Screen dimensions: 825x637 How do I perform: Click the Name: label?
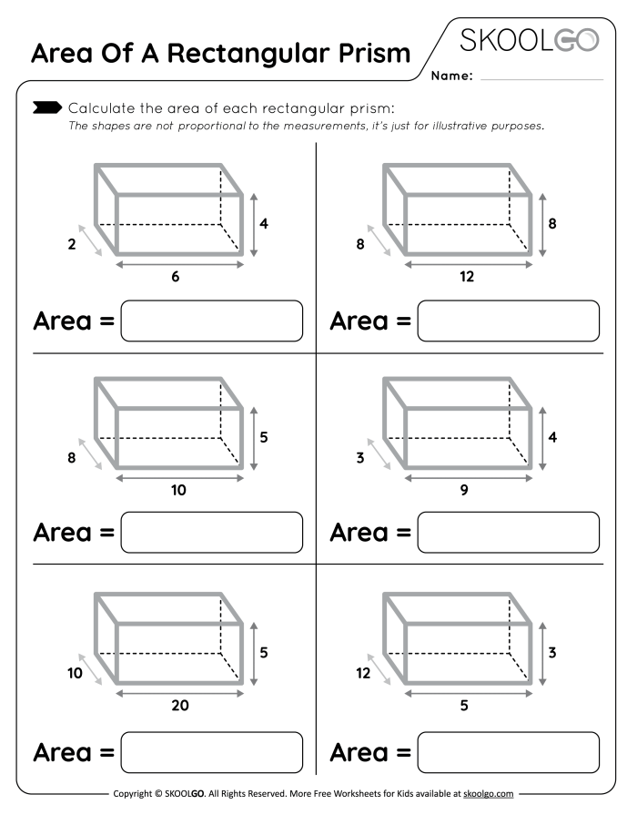click(452, 77)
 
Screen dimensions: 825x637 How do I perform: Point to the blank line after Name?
click(541, 78)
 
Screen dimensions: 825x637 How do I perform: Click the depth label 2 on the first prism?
click(72, 243)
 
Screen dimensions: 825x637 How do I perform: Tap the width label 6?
click(176, 278)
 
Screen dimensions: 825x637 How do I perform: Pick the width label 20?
click(178, 704)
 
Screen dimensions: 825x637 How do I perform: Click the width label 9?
click(464, 491)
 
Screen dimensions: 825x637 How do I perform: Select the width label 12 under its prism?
click(466, 278)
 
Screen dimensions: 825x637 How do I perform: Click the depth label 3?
click(360, 458)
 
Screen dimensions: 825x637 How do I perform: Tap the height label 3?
click(552, 652)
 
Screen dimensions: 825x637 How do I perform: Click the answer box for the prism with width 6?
click(211, 321)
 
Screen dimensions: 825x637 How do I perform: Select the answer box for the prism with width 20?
click(211, 752)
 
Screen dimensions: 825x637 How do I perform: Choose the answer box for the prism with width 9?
click(508, 533)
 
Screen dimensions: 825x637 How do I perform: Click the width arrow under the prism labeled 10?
click(179, 476)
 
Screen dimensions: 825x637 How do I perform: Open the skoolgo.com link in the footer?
click(489, 794)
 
